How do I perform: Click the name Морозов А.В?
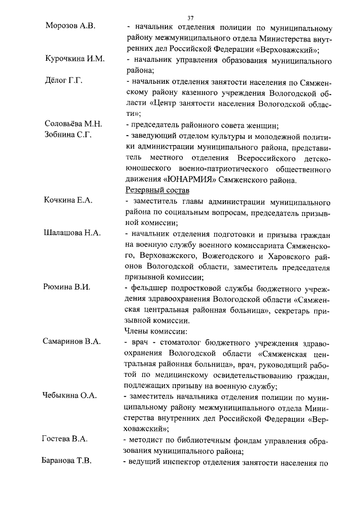[x=71, y=27]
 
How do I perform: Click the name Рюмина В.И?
[x=67, y=287]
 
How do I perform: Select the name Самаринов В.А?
[x=72, y=342]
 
